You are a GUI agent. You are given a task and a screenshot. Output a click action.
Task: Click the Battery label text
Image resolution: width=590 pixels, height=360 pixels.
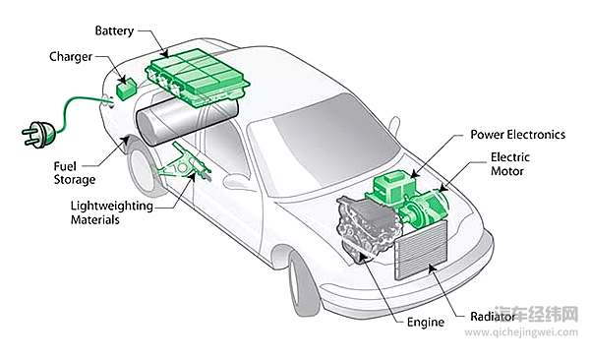114,30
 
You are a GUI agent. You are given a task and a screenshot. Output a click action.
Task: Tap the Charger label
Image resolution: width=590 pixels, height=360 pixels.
71,57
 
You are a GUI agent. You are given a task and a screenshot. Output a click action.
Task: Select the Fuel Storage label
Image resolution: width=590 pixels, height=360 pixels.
74,173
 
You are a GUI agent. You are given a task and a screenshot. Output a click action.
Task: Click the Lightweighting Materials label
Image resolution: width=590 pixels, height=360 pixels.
112,212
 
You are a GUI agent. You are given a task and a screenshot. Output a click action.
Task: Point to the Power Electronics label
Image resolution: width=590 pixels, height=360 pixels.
518,135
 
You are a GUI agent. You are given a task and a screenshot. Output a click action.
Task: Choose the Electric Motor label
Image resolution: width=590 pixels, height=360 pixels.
509,164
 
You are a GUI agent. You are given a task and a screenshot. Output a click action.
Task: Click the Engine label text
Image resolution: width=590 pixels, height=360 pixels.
426,323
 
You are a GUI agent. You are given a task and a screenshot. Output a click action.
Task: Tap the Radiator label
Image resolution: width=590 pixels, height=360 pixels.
493,317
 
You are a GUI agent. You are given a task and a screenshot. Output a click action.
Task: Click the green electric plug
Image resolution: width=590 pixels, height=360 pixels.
38,135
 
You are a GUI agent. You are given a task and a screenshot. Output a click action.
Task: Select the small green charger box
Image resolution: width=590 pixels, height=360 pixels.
126,90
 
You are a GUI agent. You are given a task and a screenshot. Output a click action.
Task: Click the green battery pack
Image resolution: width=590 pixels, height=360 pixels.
197,77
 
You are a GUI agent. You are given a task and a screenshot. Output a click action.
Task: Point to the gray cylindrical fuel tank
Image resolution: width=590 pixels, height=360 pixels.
187,118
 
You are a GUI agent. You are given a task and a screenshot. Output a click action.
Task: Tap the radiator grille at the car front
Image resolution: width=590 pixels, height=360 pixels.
421,250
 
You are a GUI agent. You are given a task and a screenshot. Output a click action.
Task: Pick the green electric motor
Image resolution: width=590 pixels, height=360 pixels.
425,210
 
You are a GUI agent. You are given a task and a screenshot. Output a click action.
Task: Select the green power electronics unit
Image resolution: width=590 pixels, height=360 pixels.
391,190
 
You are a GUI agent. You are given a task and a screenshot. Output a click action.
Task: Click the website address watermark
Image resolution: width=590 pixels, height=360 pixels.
521,332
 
